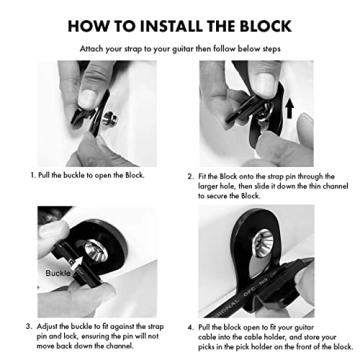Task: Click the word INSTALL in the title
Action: pyautogui.click(x=163, y=23)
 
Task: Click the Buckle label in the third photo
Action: pyautogui.click(x=58, y=271)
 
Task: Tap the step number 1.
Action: pyautogui.click(x=33, y=175)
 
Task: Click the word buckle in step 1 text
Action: pyautogui.click(x=77, y=175)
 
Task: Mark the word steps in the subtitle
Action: pyautogui.click(x=270, y=47)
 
